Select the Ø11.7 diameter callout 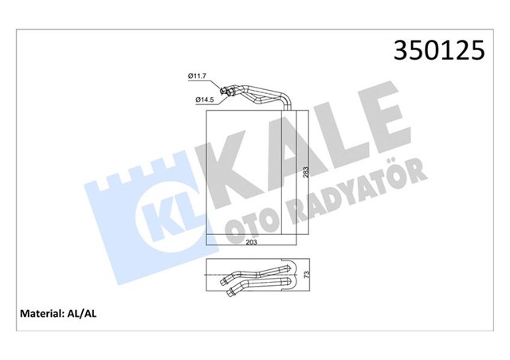click(x=197, y=76)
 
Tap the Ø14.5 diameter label click(x=205, y=100)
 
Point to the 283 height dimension click(x=305, y=177)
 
